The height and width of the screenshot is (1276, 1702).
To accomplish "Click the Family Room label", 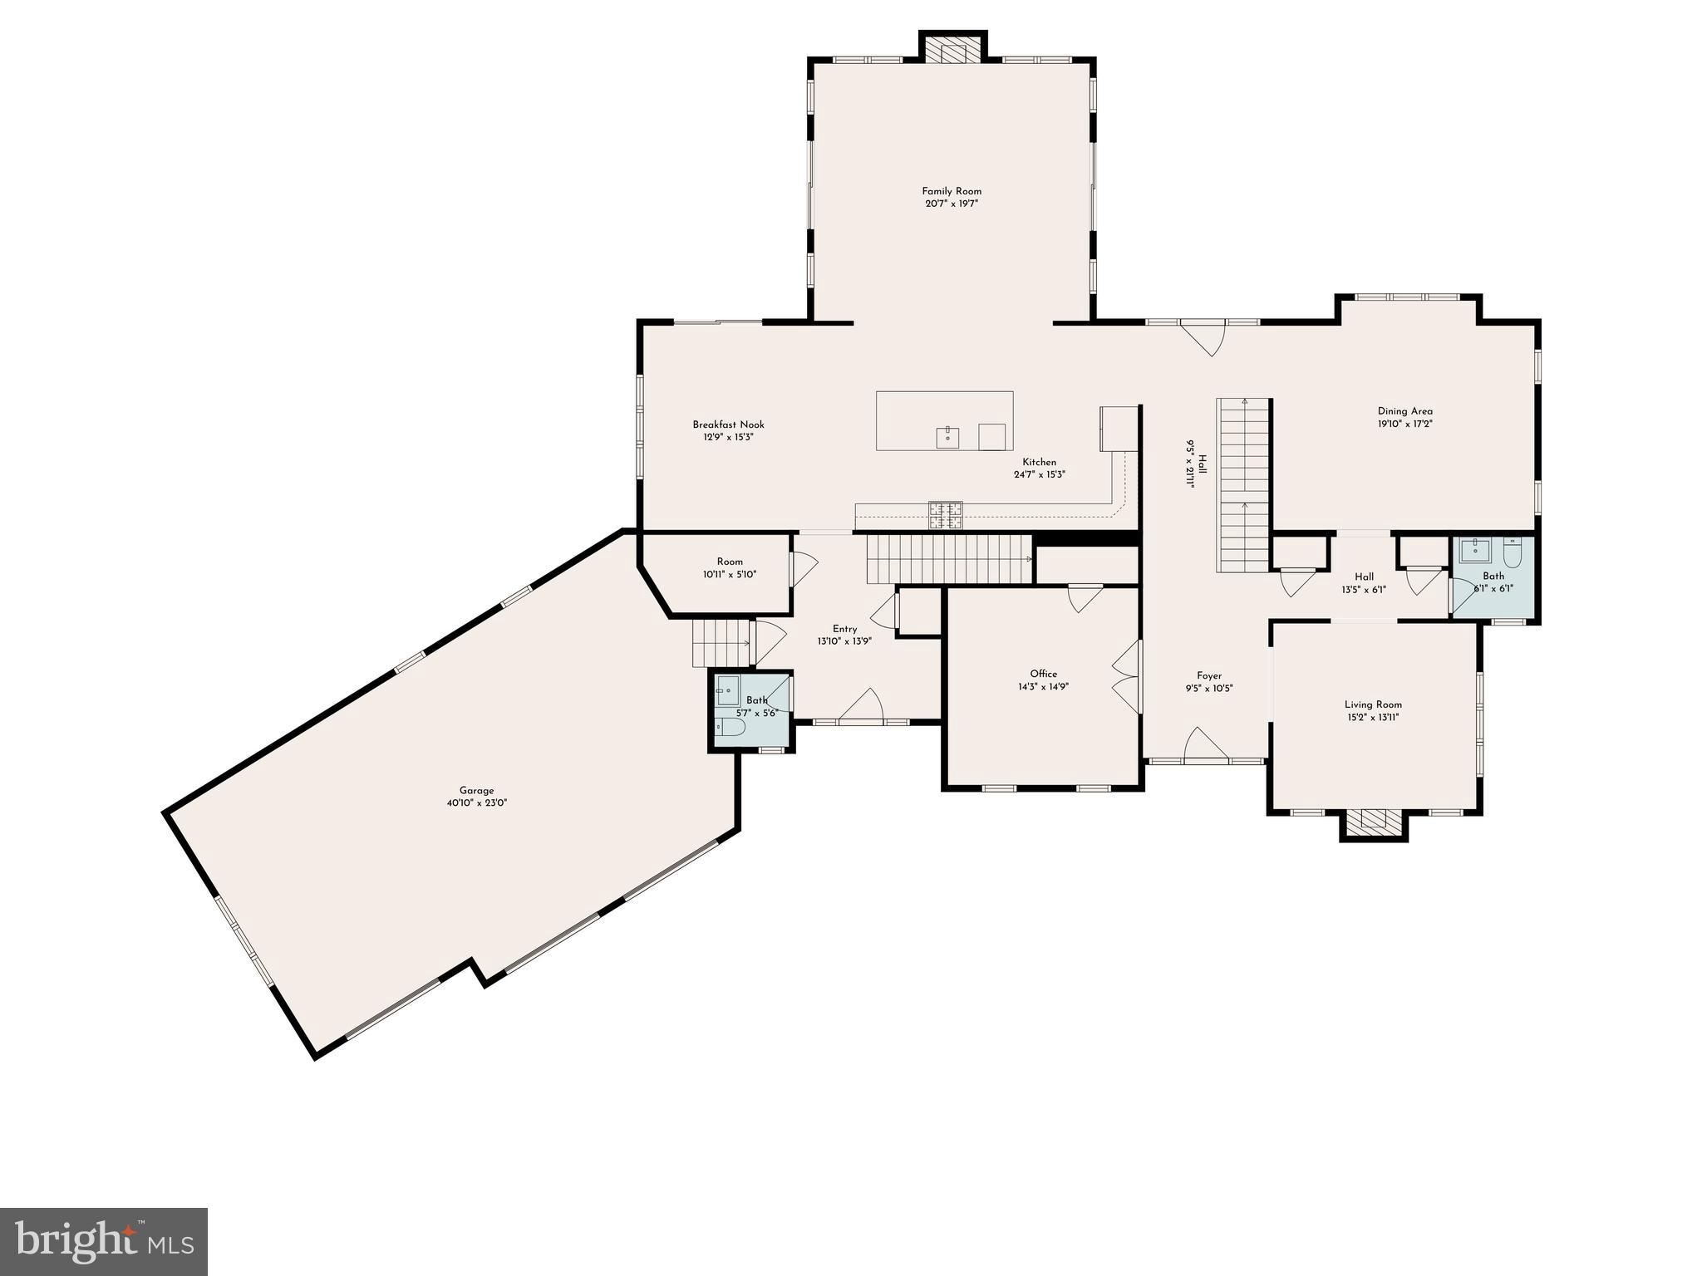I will (952, 191).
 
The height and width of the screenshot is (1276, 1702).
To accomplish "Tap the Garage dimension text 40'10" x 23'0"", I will (477, 803).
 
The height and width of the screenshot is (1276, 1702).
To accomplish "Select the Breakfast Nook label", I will (728, 425).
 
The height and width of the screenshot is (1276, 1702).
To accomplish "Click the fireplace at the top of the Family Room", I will (952, 50).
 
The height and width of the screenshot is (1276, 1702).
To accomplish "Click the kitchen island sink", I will (947, 434).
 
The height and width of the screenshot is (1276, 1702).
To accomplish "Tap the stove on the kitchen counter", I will (946, 514).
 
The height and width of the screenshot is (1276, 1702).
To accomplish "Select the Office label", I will (1044, 674).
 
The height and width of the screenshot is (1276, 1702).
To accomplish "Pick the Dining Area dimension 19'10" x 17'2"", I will (1404, 424).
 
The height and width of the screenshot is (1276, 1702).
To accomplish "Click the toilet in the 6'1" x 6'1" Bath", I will (1513, 554).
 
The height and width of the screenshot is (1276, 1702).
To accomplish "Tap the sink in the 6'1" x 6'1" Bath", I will (1474, 549).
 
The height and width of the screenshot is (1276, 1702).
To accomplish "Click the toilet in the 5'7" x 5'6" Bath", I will (730, 728).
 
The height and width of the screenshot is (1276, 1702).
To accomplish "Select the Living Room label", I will (1373, 704).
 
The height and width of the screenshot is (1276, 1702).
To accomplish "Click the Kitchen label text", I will (1039, 462).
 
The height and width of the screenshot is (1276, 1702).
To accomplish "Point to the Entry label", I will (844, 629).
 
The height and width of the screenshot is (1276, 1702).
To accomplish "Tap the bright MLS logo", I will (104, 1242).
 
